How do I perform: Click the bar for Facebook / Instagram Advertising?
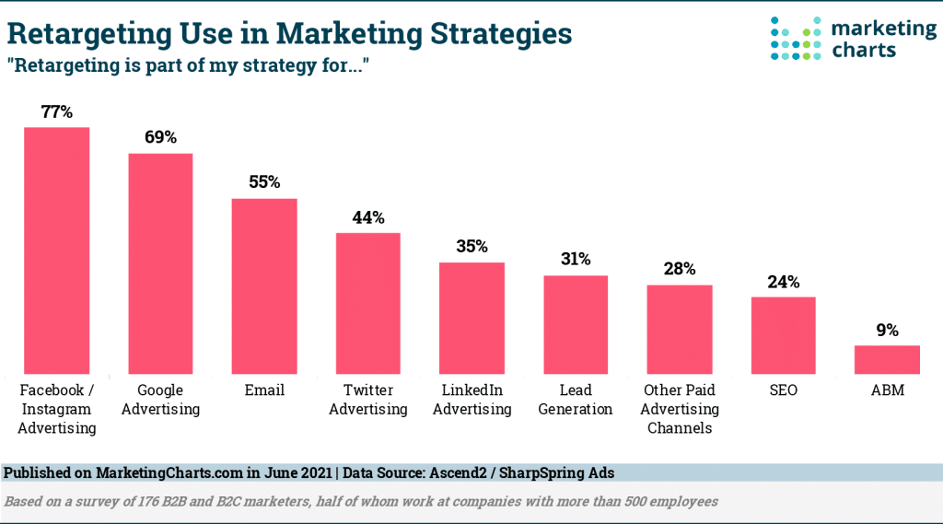point(56,250)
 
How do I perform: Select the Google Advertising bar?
point(160,263)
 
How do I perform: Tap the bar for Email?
point(263,285)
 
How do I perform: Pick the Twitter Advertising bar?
point(367,303)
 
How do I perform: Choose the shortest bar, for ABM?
point(887,359)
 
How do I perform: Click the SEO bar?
point(783,335)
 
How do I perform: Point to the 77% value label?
point(56,111)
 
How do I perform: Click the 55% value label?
point(263,182)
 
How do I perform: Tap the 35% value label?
point(471,247)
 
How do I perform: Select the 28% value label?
point(679,269)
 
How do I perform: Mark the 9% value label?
point(887,330)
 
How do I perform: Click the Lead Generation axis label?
point(576,400)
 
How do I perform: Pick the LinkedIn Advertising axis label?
point(471,400)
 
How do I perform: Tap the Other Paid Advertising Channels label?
point(679,409)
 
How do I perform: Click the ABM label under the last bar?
point(887,390)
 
